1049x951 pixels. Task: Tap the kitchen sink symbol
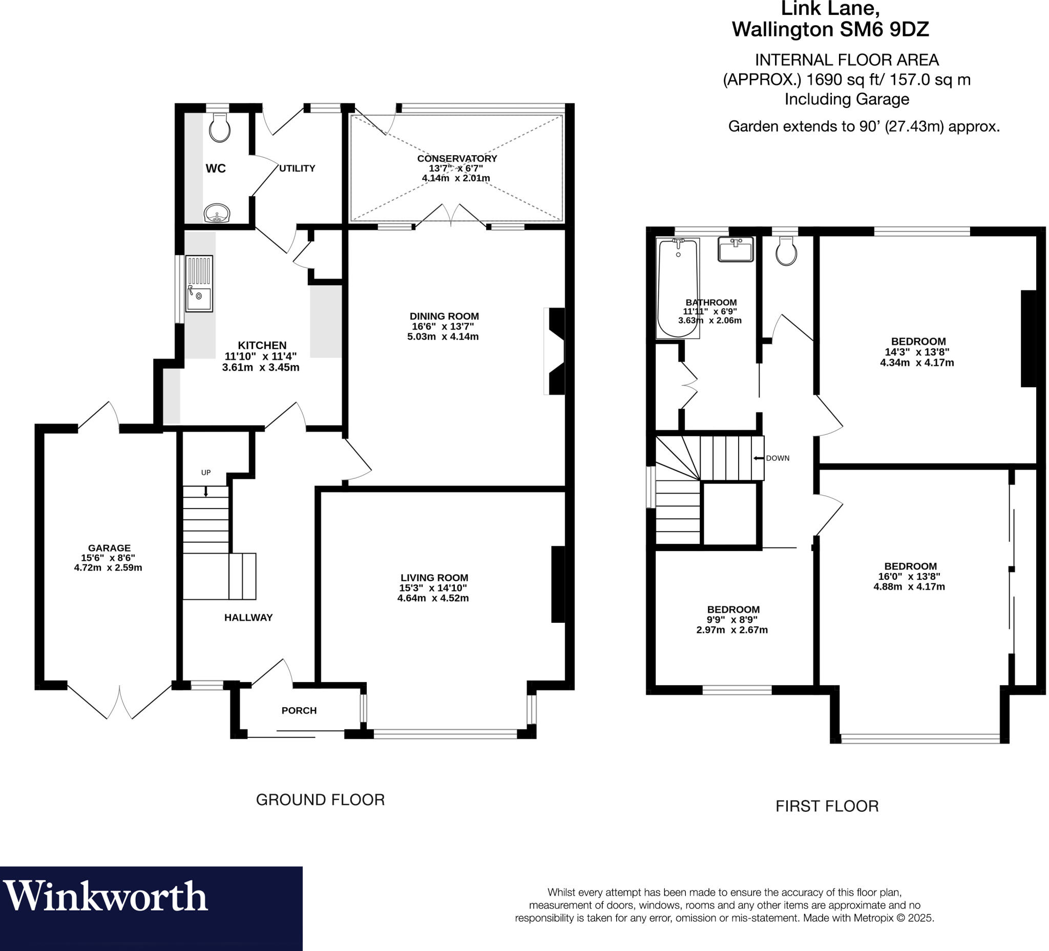coord(199,284)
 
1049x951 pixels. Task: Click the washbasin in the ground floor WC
coord(217,214)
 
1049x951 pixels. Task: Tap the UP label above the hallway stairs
coord(206,472)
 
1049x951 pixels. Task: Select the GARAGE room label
coord(109,548)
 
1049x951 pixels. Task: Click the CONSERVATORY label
coord(457,158)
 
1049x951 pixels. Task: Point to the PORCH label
coord(299,711)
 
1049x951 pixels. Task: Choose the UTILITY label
coord(297,168)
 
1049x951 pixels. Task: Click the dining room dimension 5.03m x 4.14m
coord(443,336)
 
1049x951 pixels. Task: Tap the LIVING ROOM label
coord(434,578)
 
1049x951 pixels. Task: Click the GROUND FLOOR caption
coord(320,799)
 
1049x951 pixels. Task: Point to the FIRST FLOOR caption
coord(827,806)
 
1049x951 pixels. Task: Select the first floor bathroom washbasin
coord(735,249)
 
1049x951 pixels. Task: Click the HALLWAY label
coord(248,618)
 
